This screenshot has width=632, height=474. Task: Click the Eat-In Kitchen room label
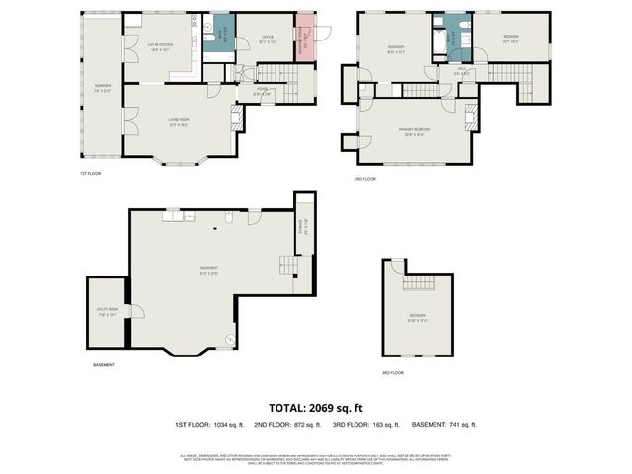(160, 46)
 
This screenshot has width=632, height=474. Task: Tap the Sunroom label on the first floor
(102, 88)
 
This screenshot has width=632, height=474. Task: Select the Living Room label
(179, 121)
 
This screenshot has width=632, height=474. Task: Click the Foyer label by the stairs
(261, 92)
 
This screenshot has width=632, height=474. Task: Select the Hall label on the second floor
(459, 72)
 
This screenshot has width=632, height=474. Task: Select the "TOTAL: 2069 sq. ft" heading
(317, 407)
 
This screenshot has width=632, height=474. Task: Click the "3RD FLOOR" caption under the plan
(392, 373)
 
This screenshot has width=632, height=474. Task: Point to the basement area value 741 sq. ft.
(462, 425)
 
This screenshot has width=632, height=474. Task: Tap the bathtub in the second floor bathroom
(436, 40)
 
